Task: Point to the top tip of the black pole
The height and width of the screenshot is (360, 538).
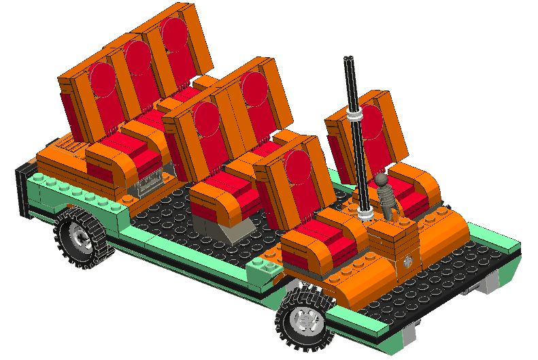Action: tap(349, 59)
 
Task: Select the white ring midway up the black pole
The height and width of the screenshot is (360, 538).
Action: tap(356, 118)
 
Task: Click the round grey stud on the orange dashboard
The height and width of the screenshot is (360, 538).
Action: tap(407, 260)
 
